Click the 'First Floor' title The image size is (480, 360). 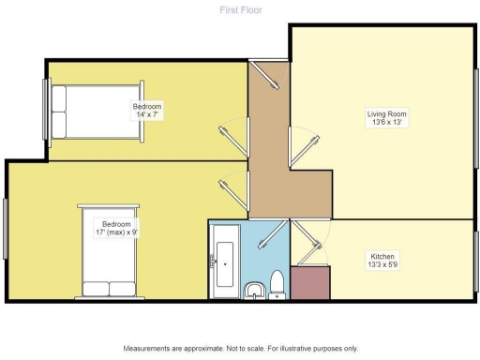240,10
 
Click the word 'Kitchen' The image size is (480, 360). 382,255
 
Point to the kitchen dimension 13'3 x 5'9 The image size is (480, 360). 382,264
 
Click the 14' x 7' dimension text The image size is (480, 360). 146,115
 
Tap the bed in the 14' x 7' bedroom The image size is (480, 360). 71,112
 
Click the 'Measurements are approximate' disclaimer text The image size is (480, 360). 240,348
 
